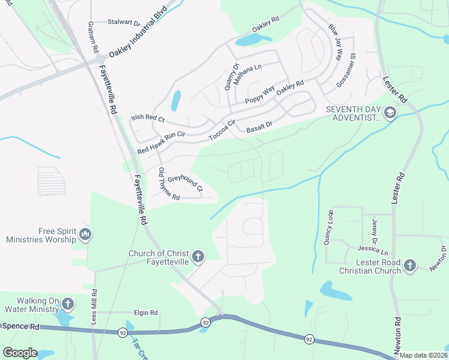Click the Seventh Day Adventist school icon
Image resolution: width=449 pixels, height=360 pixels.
pyautogui.click(x=390, y=113)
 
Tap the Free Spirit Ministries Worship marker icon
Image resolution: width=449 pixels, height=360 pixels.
pyautogui.click(x=85, y=234)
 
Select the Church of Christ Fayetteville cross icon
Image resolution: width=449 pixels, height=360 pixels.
pyautogui.click(x=198, y=257)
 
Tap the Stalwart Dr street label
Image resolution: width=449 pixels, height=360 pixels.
pyautogui.click(x=124, y=22)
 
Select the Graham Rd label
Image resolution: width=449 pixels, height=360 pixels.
pyautogui.click(x=94, y=35)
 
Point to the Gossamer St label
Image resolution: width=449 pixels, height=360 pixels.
pyautogui.click(x=346, y=71)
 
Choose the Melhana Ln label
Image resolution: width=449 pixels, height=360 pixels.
pyautogui.click(x=249, y=74)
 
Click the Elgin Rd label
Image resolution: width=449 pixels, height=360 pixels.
pyautogui.click(x=146, y=313)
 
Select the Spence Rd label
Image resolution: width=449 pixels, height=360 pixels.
pyautogui.click(x=21, y=327)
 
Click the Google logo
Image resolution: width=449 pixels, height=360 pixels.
pyautogui.click(x=20, y=353)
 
